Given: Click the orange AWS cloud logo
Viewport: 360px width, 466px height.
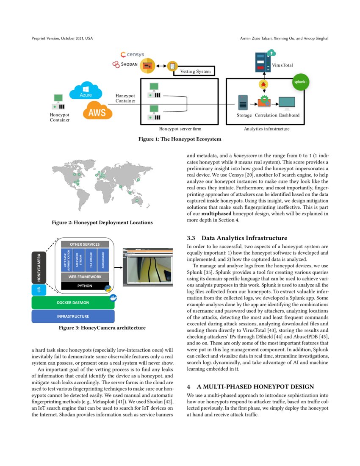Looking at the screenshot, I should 97,111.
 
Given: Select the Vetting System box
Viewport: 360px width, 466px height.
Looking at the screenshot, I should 195,71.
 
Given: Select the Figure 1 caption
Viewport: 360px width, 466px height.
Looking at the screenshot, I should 180,139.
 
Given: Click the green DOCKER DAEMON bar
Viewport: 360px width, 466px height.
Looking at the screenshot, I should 73,302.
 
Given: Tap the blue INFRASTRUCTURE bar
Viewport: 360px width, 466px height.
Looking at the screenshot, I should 73,316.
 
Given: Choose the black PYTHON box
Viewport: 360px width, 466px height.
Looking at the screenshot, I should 85,286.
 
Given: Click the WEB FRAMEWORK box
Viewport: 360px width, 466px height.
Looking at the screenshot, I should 85,277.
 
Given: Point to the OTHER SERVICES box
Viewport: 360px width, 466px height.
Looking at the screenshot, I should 85,244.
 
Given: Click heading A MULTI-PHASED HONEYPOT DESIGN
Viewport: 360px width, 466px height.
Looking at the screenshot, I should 250,386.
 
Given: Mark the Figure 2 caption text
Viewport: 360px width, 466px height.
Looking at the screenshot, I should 102,222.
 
